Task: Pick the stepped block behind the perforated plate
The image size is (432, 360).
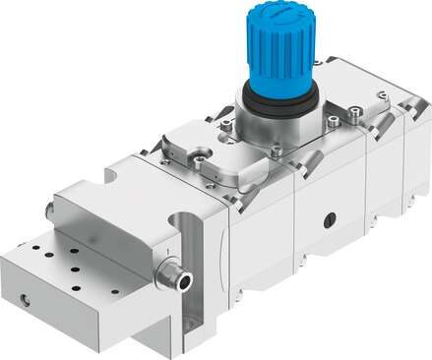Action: pos(118,211)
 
